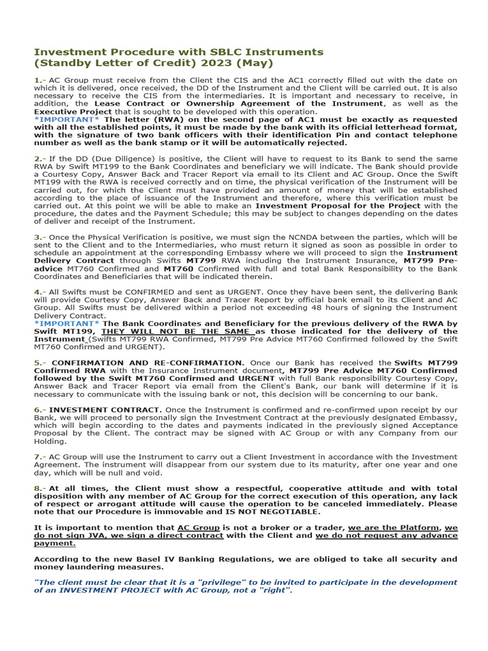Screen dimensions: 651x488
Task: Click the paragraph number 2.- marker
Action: coord(39,158)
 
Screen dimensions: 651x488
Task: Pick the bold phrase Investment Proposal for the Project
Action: coord(337,205)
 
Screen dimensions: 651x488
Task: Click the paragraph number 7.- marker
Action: coord(39,456)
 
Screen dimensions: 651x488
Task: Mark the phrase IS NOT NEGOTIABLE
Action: coord(277,512)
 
